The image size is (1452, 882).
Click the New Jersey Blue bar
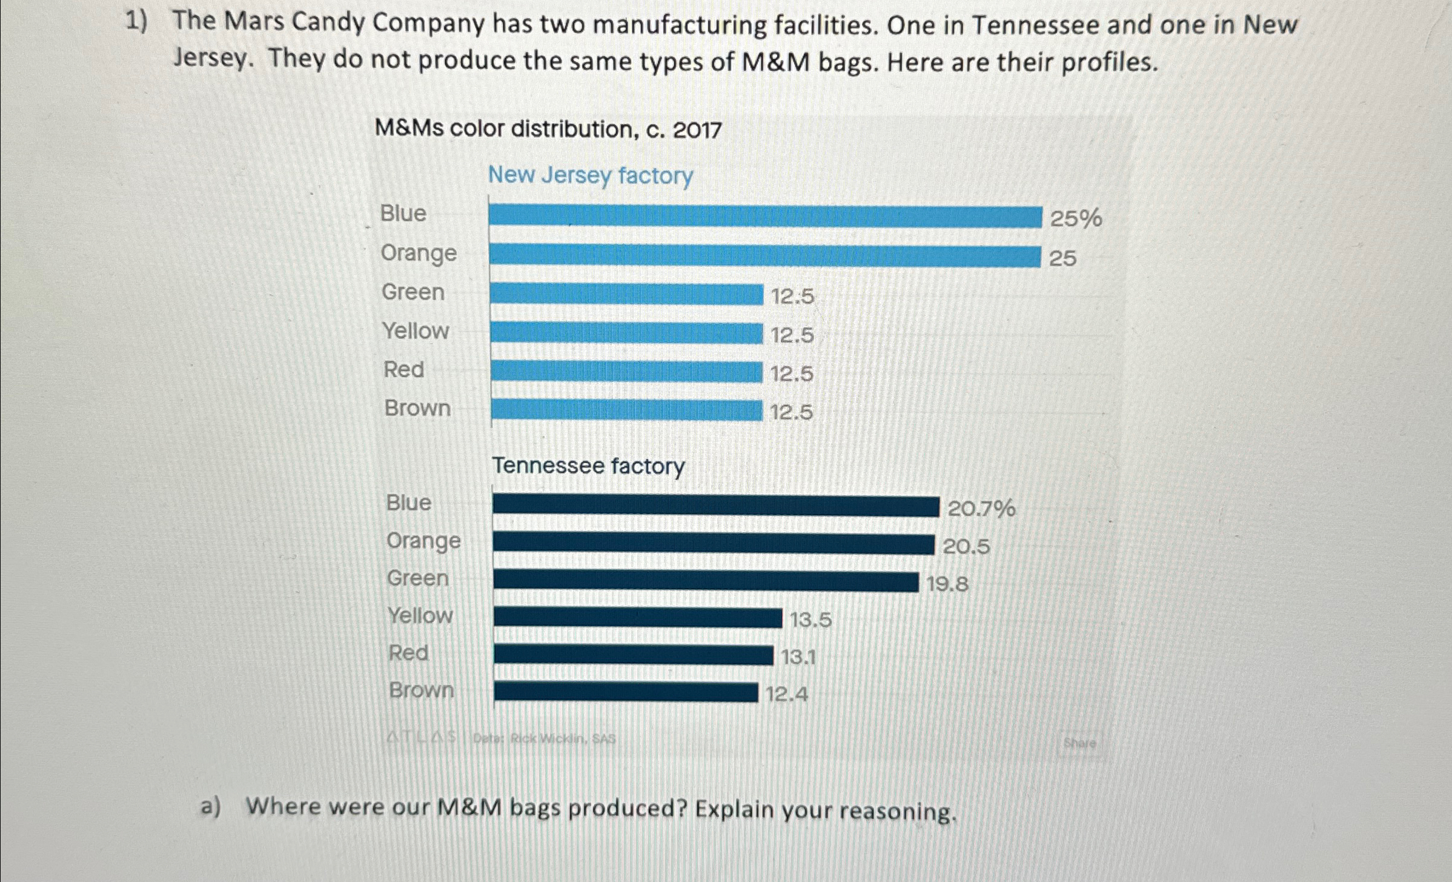pyautogui.click(x=765, y=216)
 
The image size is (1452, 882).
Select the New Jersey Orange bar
pyautogui.click(x=764, y=256)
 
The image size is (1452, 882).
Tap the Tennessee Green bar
pyautogui.click(x=706, y=581)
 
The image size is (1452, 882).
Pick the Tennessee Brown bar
pyautogui.click(x=626, y=692)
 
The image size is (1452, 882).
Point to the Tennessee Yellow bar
pyautogui.click(x=637, y=618)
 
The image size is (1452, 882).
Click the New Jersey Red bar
pyautogui.click(x=626, y=372)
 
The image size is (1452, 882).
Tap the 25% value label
pyautogui.click(x=1076, y=218)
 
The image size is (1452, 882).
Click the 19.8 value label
pyautogui.click(x=947, y=584)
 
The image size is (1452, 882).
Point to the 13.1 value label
pyautogui.click(x=799, y=656)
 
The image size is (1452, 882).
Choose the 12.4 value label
pyautogui.click(x=787, y=693)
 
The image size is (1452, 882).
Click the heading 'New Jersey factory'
pyautogui.click(x=591, y=176)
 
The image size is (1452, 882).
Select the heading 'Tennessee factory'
pyautogui.click(x=588, y=466)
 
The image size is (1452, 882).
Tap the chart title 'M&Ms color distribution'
pyautogui.click(x=548, y=129)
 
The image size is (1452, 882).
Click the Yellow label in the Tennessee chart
pyautogui.click(x=420, y=616)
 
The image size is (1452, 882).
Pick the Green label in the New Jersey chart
pyautogui.click(x=413, y=292)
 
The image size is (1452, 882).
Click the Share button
pyautogui.click(x=1079, y=743)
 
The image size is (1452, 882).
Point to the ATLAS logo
pyautogui.click(x=422, y=738)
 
